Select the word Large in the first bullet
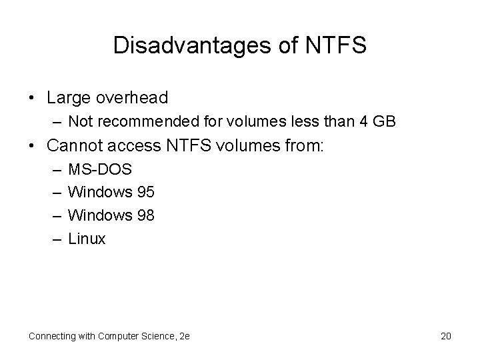click(69, 97)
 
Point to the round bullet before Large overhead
click(33, 98)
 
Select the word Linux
click(87, 239)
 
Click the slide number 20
click(445, 336)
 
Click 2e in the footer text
click(183, 336)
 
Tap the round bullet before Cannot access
click(33, 145)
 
